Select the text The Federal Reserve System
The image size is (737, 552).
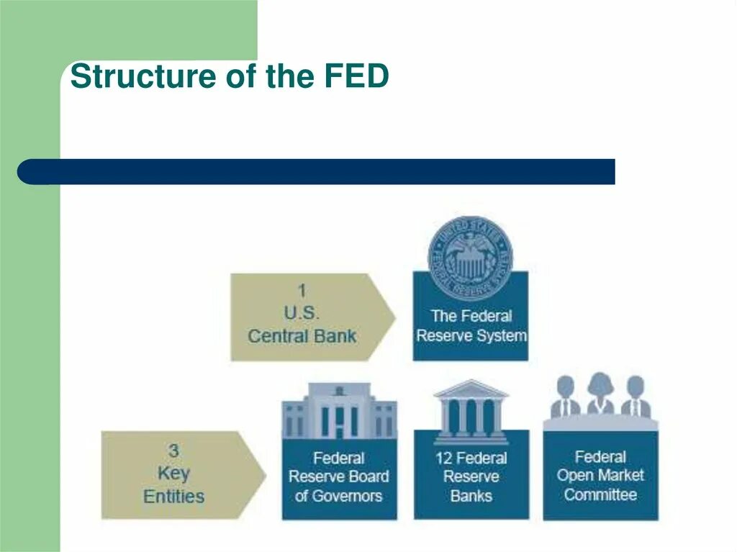tap(471, 325)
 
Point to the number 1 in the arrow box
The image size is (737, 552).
tap(302, 291)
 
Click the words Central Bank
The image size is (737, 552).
tap(302, 336)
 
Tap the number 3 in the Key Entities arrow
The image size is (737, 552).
tap(173, 451)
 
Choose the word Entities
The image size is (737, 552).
tap(173, 496)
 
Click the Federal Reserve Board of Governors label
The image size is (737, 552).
tap(339, 476)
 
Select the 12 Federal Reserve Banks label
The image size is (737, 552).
tap(471, 476)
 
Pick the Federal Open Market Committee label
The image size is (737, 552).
tap(600, 476)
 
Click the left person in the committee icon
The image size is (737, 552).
tap(566, 397)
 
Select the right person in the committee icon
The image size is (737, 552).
tap(636, 397)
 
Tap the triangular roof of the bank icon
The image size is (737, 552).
tap(471, 389)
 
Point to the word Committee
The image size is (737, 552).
tap(600, 494)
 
